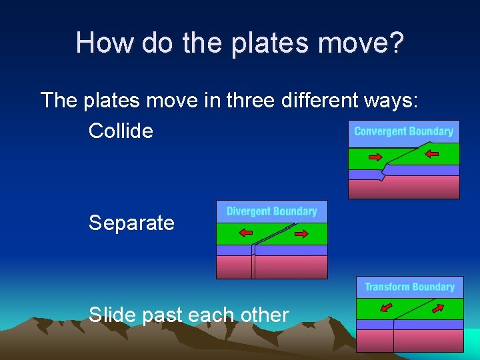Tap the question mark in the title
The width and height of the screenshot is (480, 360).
[395, 43]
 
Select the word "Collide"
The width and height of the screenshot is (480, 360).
[121, 131]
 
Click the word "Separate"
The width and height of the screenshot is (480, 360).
[131, 223]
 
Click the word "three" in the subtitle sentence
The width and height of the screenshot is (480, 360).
[251, 101]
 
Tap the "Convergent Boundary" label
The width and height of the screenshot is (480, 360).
[403, 131]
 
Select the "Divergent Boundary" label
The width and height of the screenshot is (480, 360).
[271, 211]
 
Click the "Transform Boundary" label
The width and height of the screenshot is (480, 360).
[409, 287]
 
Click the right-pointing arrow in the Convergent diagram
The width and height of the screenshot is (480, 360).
[375, 157]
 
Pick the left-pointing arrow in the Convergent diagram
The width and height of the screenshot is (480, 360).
[432, 155]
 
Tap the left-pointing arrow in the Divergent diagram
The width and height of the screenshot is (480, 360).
[246, 233]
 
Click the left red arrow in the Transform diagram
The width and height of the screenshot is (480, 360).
[385, 307]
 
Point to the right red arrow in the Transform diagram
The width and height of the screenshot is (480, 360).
[437, 308]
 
